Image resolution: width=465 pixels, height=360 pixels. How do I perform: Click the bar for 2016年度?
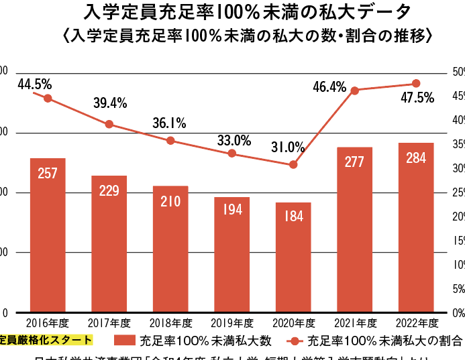click(x=48, y=235)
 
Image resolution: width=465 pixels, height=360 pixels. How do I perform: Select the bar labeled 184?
click(x=293, y=257)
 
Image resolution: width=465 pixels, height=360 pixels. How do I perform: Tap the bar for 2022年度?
click(x=416, y=228)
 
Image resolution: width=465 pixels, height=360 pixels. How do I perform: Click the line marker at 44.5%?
click(x=48, y=98)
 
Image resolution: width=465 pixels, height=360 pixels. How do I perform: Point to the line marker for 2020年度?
click(x=293, y=164)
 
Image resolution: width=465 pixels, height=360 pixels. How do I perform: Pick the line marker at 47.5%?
click(x=416, y=83)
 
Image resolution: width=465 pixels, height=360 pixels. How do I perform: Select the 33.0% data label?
click(x=234, y=141)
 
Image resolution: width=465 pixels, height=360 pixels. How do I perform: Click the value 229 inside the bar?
click(x=109, y=190)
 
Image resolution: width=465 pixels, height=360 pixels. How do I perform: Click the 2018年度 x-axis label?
click(x=170, y=322)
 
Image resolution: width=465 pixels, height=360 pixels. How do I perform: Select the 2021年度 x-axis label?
click(x=354, y=322)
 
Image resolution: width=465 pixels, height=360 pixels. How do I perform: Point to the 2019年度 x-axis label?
click(x=231, y=322)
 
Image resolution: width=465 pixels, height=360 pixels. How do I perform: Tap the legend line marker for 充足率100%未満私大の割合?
click(x=293, y=340)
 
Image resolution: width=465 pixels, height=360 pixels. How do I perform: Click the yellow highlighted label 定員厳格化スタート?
click(x=44, y=340)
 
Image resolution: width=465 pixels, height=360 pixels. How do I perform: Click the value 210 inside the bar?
click(x=170, y=201)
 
